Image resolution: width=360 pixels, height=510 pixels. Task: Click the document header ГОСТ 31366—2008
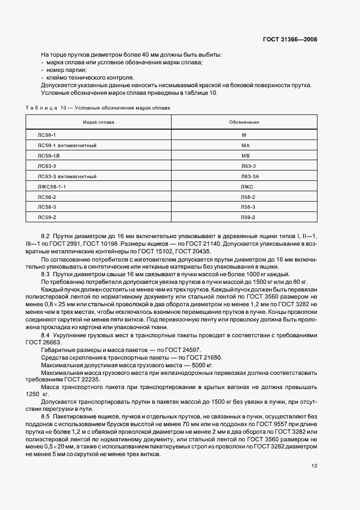(290, 39)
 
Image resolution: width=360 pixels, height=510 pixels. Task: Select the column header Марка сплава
(99, 122)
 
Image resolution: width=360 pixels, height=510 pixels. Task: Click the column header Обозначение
(244, 122)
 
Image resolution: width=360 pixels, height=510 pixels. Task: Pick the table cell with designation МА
(245, 144)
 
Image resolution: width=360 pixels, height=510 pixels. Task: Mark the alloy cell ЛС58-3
(47, 207)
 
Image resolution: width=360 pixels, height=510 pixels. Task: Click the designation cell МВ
(245, 155)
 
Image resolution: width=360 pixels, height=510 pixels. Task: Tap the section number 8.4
(46, 335)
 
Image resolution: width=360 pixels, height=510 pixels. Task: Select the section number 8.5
(46, 416)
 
